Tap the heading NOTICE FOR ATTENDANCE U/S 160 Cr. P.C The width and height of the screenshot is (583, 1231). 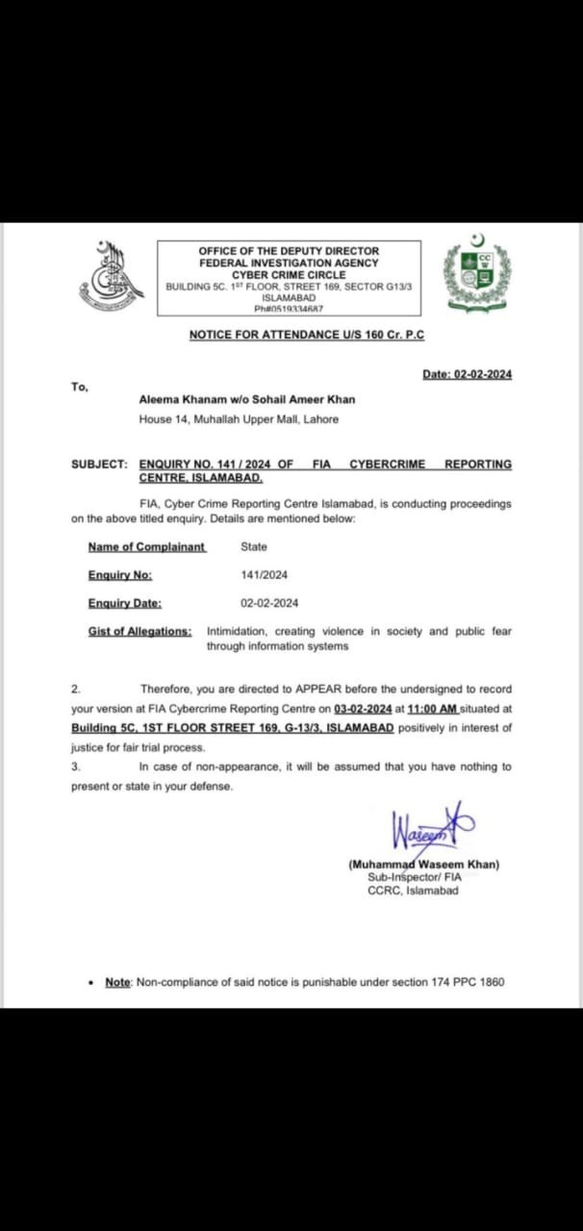(306, 335)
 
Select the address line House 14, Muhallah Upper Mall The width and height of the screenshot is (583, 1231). (239, 419)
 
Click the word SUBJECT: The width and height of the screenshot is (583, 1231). (99, 464)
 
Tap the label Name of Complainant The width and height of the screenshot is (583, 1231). (146, 546)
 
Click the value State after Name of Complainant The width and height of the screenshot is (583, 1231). (254, 546)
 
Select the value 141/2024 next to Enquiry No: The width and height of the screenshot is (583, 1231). (264, 575)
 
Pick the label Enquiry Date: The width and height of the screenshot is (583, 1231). (124, 603)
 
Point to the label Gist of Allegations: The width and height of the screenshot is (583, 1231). (139, 632)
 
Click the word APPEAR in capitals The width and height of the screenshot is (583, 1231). (305, 690)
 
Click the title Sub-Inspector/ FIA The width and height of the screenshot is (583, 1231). (414, 878)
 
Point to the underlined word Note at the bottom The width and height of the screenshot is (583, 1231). (117, 982)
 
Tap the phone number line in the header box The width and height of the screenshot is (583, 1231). (289, 309)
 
